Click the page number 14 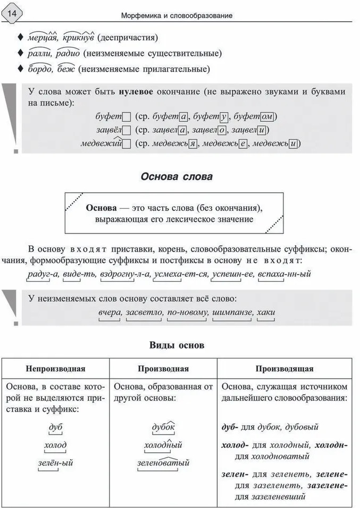pyautogui.click(x=12, y=12)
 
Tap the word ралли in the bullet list pyautogui.click(x=37, y=53)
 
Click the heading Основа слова pyautogui.click(x=177, y=177)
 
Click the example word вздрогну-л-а pyautogui.click(x=128, y=274)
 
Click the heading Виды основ pyautogui.click(x=178, y=345)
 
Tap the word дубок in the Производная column pyautogui.click(x=163, y=427)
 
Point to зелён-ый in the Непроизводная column pyautogui.click(x=55, y=463)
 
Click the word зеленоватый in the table pyautogui.click(x=163, y=463)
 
